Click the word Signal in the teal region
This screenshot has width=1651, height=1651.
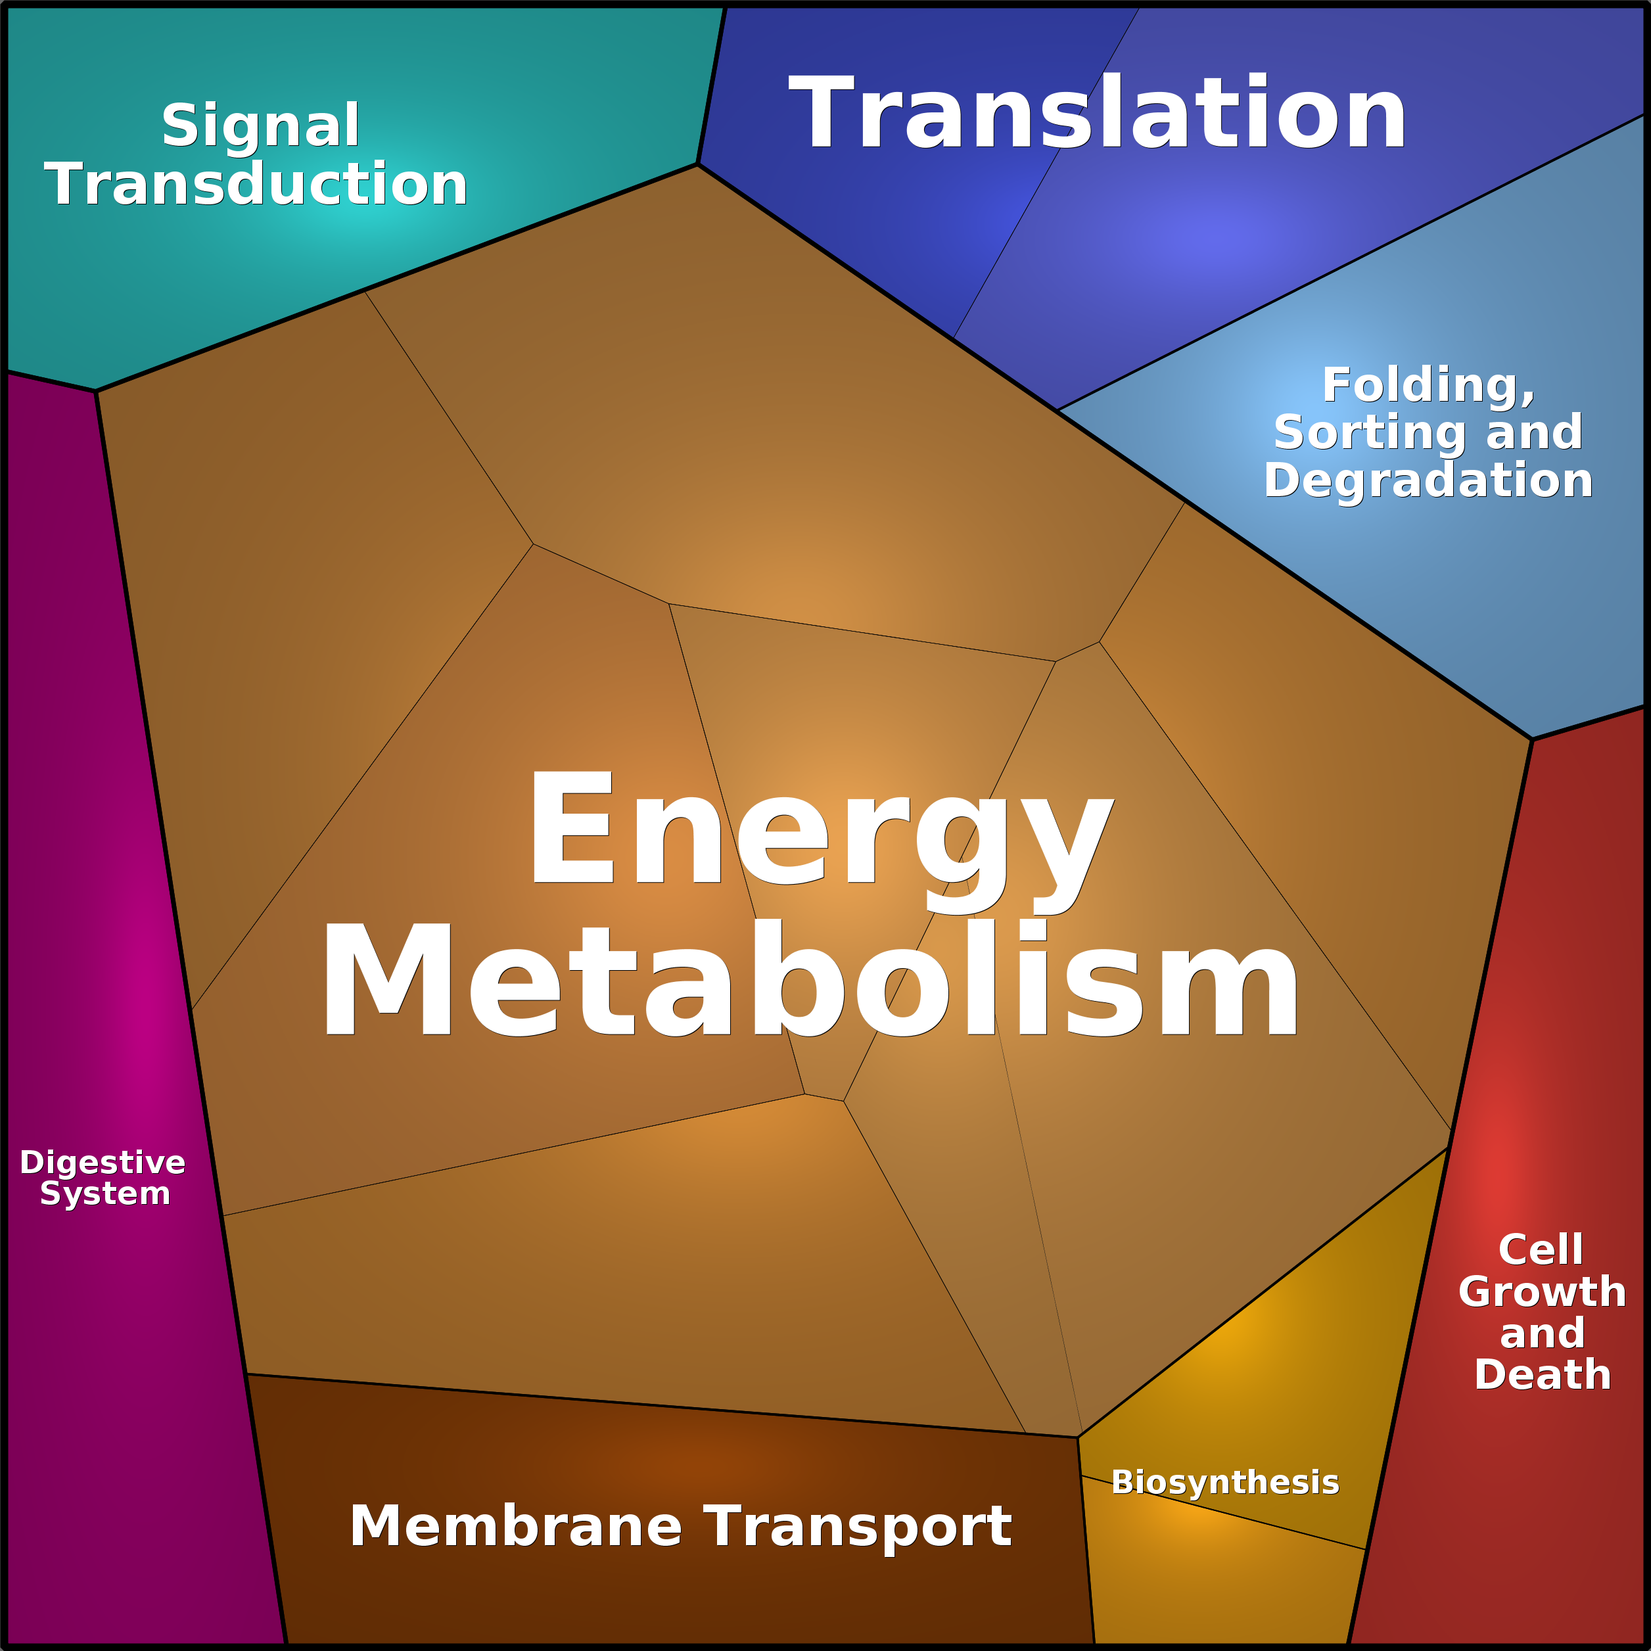(261, 126)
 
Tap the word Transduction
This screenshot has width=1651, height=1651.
(256, 185)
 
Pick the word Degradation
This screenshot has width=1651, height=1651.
(1428, 480)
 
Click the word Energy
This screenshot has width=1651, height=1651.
(820, 829)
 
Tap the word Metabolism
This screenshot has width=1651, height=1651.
(810, 981)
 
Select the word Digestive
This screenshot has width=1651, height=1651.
(103, 1163)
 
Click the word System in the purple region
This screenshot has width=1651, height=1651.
(105, 1194)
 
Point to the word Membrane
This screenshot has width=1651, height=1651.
(515, 1526)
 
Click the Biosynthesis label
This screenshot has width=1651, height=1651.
(1224, 1482)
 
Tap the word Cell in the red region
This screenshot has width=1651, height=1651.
(1540, 1250)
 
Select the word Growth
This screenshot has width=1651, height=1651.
(1542, 1292)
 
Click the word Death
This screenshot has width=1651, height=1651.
(1543, 1374)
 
